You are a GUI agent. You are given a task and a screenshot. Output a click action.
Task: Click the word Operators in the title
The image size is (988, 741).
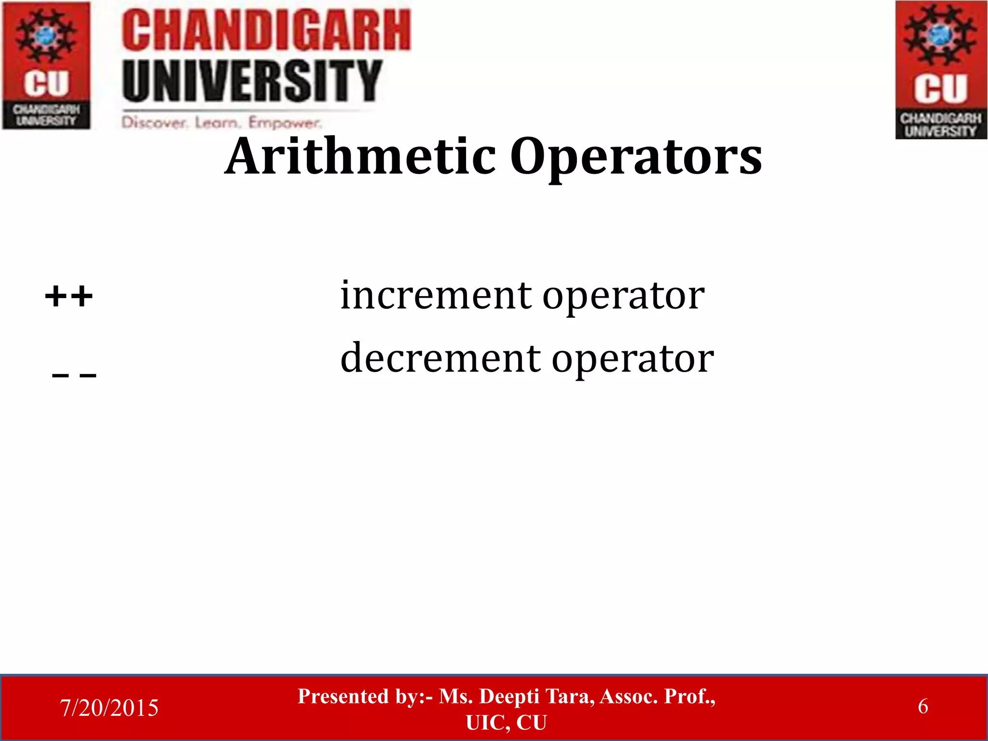[x=636, y=157]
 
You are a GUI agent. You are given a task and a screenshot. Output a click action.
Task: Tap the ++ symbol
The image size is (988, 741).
[x=69, y=296]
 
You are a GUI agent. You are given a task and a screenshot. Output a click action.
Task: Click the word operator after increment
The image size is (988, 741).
[x=623, y=296]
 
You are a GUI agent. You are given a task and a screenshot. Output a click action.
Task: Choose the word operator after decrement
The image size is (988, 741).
[x=632, y=359]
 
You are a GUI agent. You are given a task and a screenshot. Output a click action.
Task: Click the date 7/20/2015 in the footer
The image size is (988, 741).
[x=109, y=708]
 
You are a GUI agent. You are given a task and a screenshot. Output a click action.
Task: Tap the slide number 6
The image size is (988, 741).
[x=922, y=706]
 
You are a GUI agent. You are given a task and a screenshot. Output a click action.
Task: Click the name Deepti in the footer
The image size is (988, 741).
[x=509, y=696]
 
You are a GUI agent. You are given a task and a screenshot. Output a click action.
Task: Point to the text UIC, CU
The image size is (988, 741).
[x=506, y=723]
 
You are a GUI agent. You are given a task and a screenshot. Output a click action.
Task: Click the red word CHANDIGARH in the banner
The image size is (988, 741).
[x=266, y=30]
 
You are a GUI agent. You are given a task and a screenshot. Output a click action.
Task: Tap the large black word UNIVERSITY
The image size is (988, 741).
[x=252, y=80]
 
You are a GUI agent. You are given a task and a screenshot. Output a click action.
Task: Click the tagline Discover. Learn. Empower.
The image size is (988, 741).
[x=221, y=123]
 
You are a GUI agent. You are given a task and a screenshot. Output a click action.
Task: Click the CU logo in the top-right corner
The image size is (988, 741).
[x=941, y=70]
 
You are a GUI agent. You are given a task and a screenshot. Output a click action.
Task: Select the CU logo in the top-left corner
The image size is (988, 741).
[x=46, y=65]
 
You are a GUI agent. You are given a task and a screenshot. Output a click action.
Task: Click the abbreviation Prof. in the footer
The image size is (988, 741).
[x=689, y=696]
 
